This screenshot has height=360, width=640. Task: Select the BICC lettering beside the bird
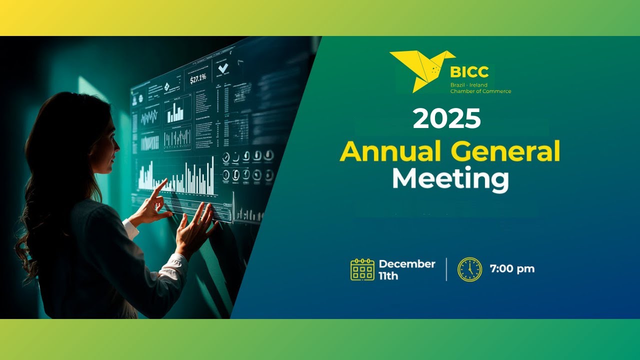(x=468, y=72)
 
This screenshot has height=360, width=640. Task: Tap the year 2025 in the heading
(x=446, y=119)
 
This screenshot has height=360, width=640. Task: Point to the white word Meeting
(x=450, y=179)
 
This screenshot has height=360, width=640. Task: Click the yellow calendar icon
(x=362, y=269)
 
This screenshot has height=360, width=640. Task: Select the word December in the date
(x=407, y=264)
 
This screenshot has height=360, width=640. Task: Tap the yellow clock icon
(x=469, y=269)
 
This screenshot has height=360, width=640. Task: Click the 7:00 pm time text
(x=512, y=269)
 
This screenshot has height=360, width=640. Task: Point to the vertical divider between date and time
(x=446, y=269)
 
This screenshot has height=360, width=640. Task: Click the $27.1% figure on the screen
(x=198, y=79)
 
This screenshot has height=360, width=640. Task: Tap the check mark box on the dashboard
(x=223, y=68)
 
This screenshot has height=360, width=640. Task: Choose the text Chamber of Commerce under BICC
(x=480, y=91)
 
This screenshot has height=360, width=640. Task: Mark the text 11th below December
(x=388, y=276)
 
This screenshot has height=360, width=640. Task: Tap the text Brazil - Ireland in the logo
(x=468, y=85)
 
